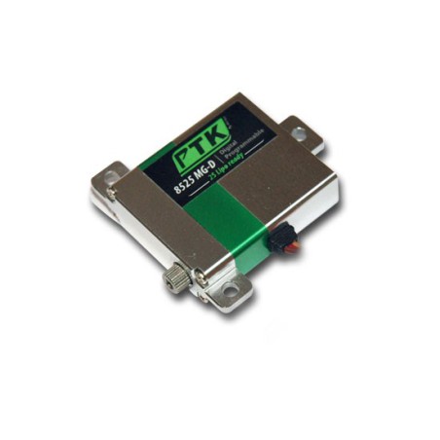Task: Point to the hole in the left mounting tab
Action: [110, 179]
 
